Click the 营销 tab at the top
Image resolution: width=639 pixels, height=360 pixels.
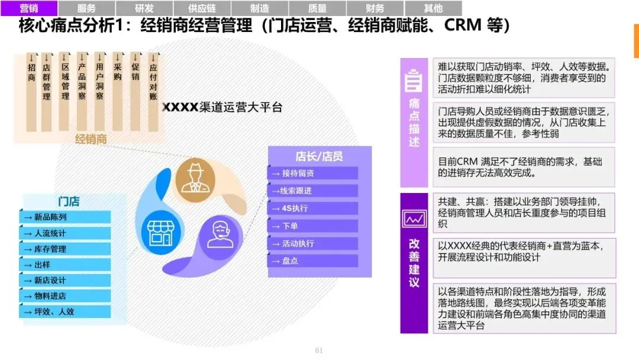[x=29, y=8]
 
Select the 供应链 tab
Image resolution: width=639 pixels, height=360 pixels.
[x=202, y=8]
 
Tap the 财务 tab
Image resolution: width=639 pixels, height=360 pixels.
[x=375, y=8]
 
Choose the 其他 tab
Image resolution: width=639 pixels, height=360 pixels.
[x=433, y=8]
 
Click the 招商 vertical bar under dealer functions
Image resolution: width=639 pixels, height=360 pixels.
[x=31, y=92]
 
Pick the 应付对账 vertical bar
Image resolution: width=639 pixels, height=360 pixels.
[x=153, y=92]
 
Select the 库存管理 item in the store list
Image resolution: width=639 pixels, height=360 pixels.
[x=65, y=249]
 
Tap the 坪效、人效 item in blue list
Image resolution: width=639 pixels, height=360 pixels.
[x=65, y=311]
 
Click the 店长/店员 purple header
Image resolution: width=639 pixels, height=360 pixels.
[x=319, y=156]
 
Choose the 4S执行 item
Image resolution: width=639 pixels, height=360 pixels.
[x=313, y=208]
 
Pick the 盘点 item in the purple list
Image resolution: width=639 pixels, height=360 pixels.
[x=313, y=261]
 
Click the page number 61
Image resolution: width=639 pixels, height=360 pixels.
[x=319, y=351]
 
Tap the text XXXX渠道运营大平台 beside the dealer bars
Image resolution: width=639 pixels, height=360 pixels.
[x=222, y=107]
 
